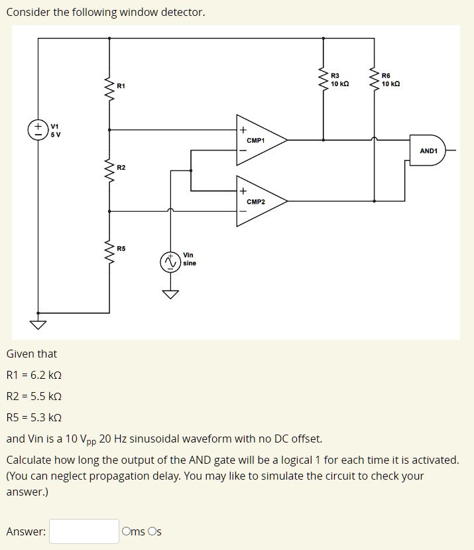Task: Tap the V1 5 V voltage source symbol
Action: pos(38,130)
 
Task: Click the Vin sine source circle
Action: pos(170,263)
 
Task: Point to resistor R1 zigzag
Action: pos(109,87)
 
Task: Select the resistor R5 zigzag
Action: pos(109,250)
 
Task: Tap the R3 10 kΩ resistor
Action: pos(324,80)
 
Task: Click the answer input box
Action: pos(84,531)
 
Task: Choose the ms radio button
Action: pos(126,531)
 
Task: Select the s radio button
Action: pos(153,531)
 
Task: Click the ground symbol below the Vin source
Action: pos(170,295)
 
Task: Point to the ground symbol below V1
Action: pos(38,324)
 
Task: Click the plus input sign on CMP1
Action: pos(243,130)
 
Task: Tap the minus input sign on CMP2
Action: pos(243,212)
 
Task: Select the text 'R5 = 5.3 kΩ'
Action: pos(34,417)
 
